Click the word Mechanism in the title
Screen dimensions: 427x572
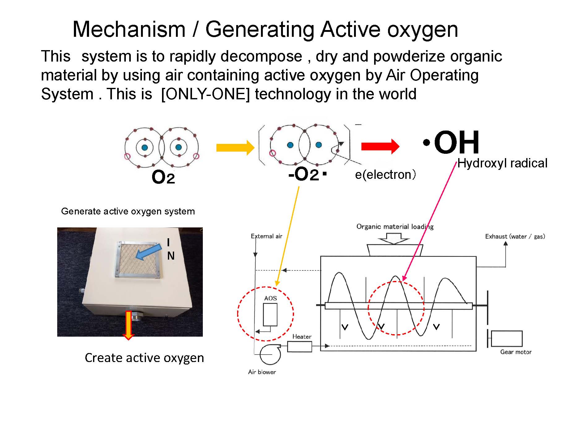[x=129, y=29]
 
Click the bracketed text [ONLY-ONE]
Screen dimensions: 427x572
[x=205, y=94]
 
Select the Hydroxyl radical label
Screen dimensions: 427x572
[x=502, y=163]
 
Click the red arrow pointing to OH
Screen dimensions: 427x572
[x=380, y=146]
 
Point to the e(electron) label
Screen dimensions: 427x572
[x=385, y=175]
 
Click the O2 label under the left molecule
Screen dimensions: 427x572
[x=163, y=178]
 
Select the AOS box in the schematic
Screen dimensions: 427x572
[x=270, y=314]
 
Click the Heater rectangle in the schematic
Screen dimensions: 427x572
[x=299, y=347]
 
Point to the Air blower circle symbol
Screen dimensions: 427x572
[x=270, y=354]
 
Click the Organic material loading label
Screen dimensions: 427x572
[x=395, y=226]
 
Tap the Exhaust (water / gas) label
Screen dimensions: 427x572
[x=515, y=236]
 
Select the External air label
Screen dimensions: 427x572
[x=266, y=236]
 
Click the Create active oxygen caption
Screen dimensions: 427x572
[x=144, y=358]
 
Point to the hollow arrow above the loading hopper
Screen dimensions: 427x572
[x=394, y=238]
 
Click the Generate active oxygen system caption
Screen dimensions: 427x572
[x=128, y=211]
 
